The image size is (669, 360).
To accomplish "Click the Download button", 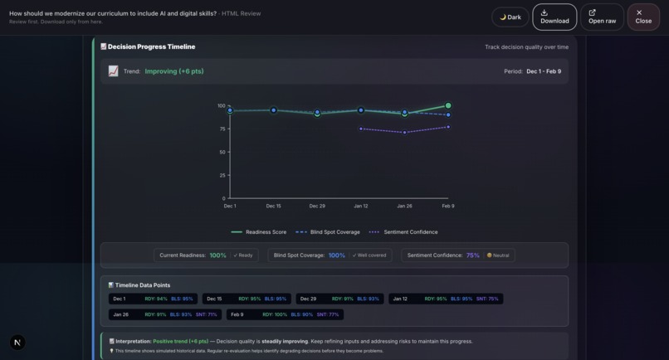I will (x=554, y=17).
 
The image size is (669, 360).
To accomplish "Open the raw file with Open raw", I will (x=602, y=17).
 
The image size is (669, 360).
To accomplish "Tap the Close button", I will (x=643, y=17).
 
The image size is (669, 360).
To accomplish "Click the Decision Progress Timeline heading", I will (x=151, y=47).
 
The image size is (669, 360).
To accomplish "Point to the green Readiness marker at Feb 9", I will (x=448, y=106).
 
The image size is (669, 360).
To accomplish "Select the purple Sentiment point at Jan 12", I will (x=361, y=129).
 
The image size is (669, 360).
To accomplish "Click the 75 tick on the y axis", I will (x=222, y=129).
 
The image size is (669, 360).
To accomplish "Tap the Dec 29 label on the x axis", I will (x=317, y=206).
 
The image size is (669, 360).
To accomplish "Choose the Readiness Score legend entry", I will (x=260, y=232).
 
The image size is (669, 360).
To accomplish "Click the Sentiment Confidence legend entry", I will (x=404, y=232).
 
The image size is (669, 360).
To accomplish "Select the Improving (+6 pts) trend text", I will (x=174, y=71).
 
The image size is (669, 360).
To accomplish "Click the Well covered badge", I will (x=369, y=255).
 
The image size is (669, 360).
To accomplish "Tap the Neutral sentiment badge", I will (x=498, y=255).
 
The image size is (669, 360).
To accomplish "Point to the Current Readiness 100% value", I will (x=217, y=255).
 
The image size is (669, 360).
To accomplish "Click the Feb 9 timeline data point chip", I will (x=285, y=314).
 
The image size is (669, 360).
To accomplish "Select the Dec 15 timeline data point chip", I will (x=247, y=299).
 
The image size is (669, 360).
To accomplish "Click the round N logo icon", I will (x=17, y=342).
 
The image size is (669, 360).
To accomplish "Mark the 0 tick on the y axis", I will (x=223, y=198).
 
